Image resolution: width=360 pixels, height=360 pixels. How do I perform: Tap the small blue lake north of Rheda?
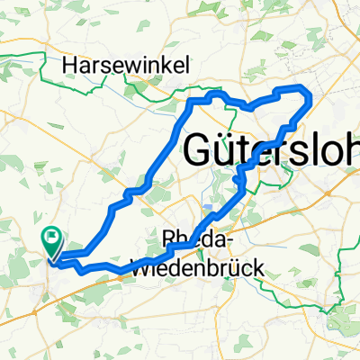pyautogui.click(x=209, y=208)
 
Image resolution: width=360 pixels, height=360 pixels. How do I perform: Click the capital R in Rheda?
pyautogui.click(x=169, y=240)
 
